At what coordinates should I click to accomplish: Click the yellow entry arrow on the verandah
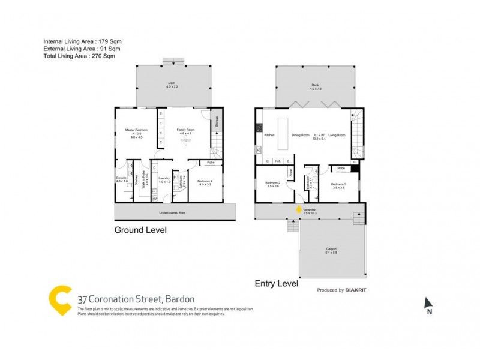298,209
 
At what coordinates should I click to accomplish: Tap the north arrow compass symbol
428,304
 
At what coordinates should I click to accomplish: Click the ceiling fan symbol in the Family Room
185,140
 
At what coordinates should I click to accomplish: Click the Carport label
332,248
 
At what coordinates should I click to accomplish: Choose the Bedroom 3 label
338,184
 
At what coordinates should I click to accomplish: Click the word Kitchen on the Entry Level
269,135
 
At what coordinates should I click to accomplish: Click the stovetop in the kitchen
260,128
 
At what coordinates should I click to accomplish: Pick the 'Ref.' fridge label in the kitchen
277,161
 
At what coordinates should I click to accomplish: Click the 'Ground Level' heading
140,230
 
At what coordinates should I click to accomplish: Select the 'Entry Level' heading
277,283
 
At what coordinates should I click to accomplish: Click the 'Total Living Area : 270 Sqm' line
79,56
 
